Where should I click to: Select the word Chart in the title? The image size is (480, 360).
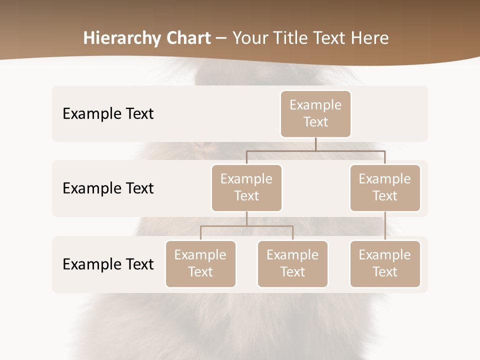[x=186, y=38]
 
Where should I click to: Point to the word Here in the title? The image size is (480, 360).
[x=368, y=38]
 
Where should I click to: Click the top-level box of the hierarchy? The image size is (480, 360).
[x=315, y=113]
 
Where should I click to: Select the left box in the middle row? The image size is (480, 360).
[x=246, y=187]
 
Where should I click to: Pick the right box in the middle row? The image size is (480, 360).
[x=385, y=187]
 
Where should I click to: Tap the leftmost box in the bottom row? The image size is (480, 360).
[x=200, y=263]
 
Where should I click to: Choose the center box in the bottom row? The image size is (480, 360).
[x=292, y=263]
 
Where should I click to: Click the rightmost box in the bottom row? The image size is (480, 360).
[x=385, y=263]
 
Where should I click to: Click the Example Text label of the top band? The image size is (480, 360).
[x=108, y=113]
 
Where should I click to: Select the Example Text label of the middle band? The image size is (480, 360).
[x=108, y=188]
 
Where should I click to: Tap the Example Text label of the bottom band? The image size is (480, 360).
[x=108, y=264]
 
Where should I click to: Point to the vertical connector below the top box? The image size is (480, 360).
[x=315, y=144]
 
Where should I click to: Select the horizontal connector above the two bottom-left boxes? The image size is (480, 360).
[x=246, y=226]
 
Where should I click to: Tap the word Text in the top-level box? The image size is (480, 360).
[x=315, y=122]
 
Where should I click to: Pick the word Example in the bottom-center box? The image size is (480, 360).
[x=292, y=255]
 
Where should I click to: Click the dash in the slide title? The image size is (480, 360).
[x=221, y=38]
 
